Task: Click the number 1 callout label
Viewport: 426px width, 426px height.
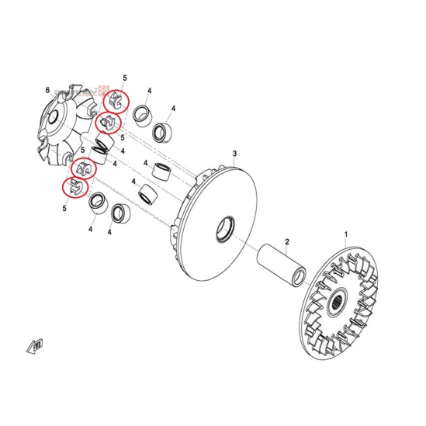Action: (346, 234)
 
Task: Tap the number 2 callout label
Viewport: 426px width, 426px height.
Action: (287, 241)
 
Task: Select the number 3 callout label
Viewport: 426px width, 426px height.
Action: (235, 154)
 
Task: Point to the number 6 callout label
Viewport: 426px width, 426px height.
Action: (48, 90)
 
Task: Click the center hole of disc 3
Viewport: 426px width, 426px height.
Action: (225, 228)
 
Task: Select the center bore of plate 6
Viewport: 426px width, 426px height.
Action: (54, 118)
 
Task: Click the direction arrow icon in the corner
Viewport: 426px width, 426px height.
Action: (35, 346)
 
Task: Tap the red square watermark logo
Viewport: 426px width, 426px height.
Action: (104, 91)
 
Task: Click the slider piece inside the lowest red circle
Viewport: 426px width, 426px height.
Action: (75, 186)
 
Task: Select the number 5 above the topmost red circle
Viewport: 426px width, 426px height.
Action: (125, 78)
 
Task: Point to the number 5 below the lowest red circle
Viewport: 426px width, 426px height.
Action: (64, 209)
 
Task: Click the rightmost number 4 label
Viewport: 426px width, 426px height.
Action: (173, 109)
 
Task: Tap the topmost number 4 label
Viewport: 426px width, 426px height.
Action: (150, 91)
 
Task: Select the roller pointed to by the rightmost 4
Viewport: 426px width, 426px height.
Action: (162, 133)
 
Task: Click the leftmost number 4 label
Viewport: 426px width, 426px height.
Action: (91, 230)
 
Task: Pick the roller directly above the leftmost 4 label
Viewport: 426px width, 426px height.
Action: (99, 203)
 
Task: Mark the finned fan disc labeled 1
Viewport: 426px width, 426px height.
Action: (340, 303)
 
